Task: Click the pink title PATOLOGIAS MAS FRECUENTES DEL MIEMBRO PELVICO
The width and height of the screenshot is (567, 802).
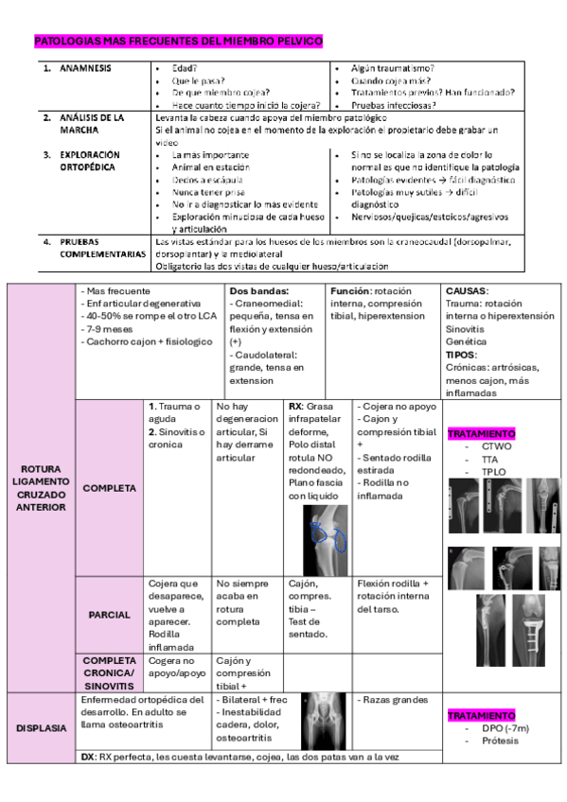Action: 179,42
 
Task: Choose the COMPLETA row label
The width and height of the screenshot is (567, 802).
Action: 109,488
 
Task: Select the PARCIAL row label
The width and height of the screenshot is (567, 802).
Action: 109,615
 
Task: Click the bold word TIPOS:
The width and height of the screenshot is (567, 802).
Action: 461,354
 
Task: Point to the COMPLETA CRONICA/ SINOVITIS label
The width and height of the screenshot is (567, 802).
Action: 111,671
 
